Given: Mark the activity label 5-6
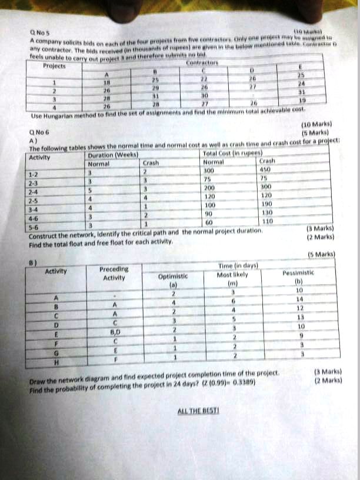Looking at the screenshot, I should coord(35,241).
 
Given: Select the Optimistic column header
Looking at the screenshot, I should coord(173,279).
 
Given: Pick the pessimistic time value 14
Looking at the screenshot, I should coord(299,298).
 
